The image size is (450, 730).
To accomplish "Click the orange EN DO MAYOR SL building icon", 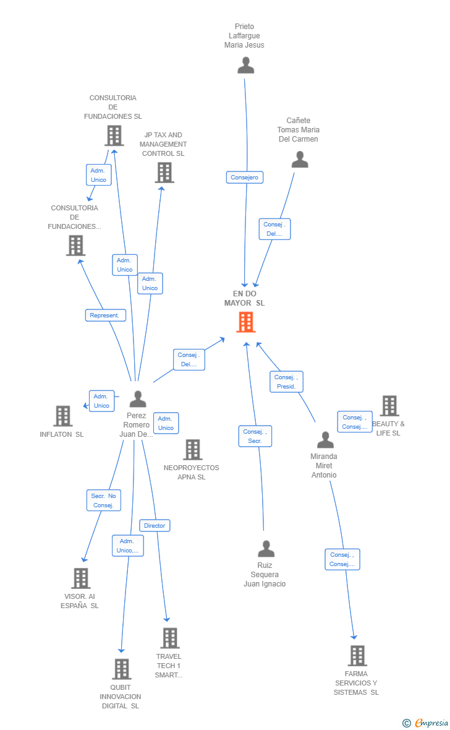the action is (x=245, y=322).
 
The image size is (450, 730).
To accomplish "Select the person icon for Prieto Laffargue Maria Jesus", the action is (x=245, y=65).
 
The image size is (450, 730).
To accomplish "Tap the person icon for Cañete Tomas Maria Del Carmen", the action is (x=300, y=160).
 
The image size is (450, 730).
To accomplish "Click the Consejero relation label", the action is (x=245, y=178).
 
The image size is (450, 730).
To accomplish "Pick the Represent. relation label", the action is (x=105, y=315).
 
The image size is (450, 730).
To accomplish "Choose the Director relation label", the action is (x=155, y=525).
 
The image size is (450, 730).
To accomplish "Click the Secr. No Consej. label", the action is (x=103, y=500).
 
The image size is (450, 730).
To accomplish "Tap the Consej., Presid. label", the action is (x=286, y=382).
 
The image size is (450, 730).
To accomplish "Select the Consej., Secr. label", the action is (x=255, y=436).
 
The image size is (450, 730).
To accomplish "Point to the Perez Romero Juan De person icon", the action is (x=138, y=399).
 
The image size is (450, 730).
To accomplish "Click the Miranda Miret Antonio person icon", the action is (x=325, y=440).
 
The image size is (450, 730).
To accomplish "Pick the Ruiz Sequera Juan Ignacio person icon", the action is (x=266, y=549).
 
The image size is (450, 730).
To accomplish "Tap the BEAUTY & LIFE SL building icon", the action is (x=389, y=406).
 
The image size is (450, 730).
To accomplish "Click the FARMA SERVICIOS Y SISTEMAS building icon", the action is (x=357, y=656).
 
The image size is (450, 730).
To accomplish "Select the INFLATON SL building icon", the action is (x=63, y=416).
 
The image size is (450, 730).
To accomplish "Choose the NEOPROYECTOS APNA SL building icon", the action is (x=192, y=450).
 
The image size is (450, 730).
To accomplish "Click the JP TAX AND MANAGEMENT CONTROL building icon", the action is (x=164, y=173).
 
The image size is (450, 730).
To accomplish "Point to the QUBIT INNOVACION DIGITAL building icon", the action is (x=122, y=669).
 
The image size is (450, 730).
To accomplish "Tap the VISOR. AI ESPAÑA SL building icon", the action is (x=81, y=578).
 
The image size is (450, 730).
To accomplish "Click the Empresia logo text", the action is (x=431, y=723).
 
